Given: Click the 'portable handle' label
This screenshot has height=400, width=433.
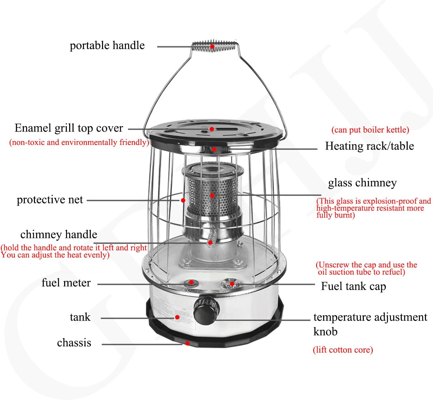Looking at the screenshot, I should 107,46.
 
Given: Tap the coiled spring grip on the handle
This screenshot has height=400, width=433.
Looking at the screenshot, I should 215,46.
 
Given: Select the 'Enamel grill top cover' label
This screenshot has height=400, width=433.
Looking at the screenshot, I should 69,128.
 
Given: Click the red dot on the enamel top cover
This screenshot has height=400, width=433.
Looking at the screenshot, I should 212,129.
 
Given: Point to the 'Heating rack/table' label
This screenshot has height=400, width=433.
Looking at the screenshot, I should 369,146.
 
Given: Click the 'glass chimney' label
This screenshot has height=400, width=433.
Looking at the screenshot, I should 362,183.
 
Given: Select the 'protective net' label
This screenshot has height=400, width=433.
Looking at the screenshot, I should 50,200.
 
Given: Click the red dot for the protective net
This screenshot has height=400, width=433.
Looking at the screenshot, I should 183,200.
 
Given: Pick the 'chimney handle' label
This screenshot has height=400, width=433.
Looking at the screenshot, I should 59,234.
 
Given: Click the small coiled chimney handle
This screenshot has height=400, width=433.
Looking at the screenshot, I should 212,237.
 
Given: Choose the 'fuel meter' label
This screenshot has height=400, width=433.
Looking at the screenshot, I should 66,283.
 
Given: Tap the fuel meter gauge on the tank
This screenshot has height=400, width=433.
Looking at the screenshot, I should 191,282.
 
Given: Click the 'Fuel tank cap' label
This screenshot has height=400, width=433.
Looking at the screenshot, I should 353,286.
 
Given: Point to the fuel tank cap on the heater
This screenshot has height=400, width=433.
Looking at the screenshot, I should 230,283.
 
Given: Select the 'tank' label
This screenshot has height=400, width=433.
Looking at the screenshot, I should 80,317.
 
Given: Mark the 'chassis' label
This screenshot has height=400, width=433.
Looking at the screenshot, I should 74,343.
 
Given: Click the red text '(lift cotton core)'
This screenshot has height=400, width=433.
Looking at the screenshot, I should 343,350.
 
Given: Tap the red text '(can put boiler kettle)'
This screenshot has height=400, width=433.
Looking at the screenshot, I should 370,130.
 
